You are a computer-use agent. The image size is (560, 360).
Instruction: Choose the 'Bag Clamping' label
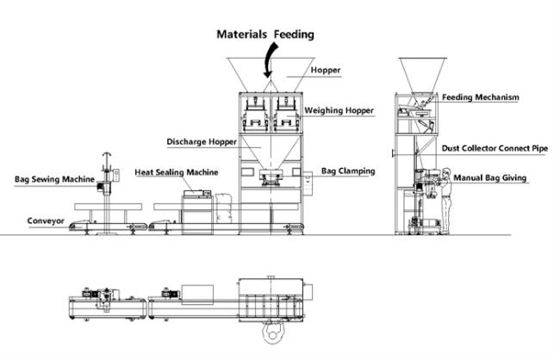click(x=348, y=171)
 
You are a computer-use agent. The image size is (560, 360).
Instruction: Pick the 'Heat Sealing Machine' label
click(x=176, y=172)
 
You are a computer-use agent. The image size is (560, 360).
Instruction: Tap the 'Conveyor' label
click(x=47, y=220)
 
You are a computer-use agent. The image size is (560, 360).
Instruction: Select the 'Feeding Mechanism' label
click(x=481, y=97)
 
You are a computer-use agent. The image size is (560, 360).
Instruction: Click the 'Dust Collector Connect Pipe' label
click(x=495, y=148)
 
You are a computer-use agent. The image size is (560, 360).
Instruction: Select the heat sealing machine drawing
click(x=196, y=209)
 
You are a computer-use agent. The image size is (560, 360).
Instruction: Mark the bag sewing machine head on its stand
click(x=108, y=177)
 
